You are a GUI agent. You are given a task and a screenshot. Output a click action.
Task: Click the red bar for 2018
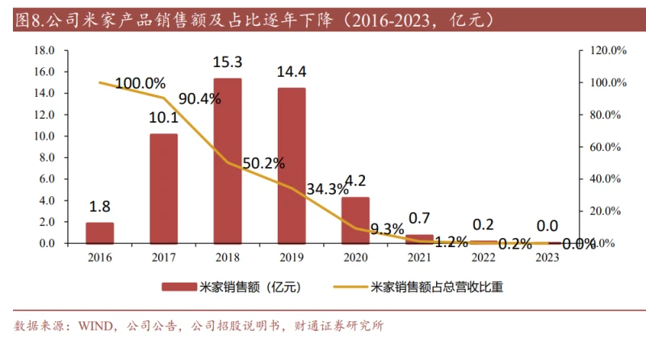227,161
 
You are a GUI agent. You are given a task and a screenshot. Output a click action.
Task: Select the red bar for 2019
292,165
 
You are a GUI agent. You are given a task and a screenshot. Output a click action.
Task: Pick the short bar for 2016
99,232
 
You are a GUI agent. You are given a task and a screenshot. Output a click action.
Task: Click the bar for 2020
355,220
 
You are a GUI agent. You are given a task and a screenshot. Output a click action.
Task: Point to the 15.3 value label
227,62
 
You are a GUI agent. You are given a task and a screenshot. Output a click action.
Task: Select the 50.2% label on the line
263,163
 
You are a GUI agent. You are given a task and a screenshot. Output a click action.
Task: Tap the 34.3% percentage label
327,189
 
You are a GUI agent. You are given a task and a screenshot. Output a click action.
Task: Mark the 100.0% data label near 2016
140,83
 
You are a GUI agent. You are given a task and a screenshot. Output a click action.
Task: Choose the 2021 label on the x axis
419,257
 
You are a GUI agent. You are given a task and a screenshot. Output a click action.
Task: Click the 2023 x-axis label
547,257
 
